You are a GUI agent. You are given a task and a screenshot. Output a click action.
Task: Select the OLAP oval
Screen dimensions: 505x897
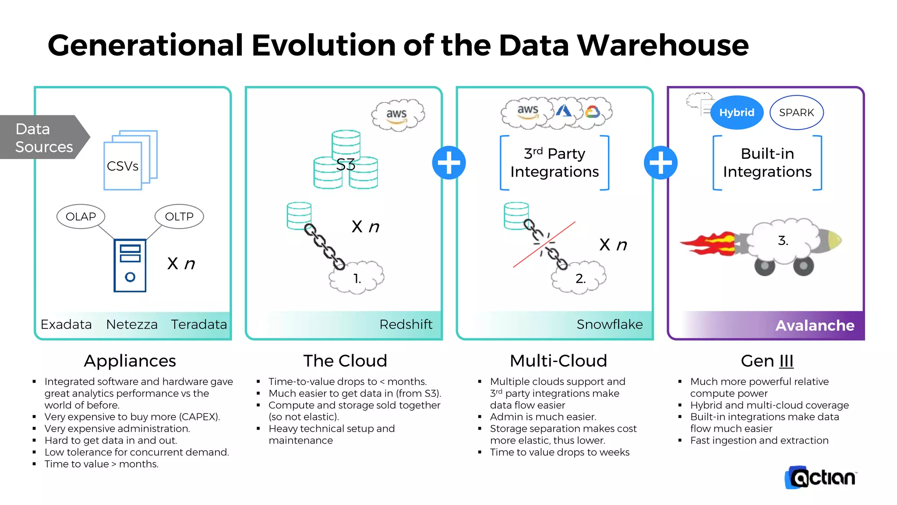coord(81,217)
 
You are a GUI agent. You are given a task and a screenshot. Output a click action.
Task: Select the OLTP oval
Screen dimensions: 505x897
coord(179,217)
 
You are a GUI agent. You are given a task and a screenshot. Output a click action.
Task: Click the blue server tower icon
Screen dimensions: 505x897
coord(130,265)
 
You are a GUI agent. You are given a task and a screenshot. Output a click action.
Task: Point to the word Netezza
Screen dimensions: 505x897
coord(131,324)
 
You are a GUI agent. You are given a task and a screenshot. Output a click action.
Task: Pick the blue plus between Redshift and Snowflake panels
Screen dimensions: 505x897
coord(449,163)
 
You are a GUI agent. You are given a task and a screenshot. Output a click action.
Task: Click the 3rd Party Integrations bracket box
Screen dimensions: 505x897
coord(554,163)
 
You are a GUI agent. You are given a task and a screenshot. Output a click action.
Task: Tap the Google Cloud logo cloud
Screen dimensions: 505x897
coord(593,112)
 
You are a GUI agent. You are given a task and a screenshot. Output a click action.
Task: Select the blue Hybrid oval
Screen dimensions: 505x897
coord(737,113)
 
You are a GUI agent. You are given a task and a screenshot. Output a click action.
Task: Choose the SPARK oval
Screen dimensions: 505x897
coord(796,113)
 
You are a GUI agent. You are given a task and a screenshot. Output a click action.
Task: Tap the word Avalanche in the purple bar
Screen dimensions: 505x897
coord(815,325)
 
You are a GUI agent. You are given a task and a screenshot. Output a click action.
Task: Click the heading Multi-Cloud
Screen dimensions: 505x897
coord(558,361)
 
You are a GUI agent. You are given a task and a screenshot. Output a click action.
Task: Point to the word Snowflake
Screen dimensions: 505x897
coord(609,324)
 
